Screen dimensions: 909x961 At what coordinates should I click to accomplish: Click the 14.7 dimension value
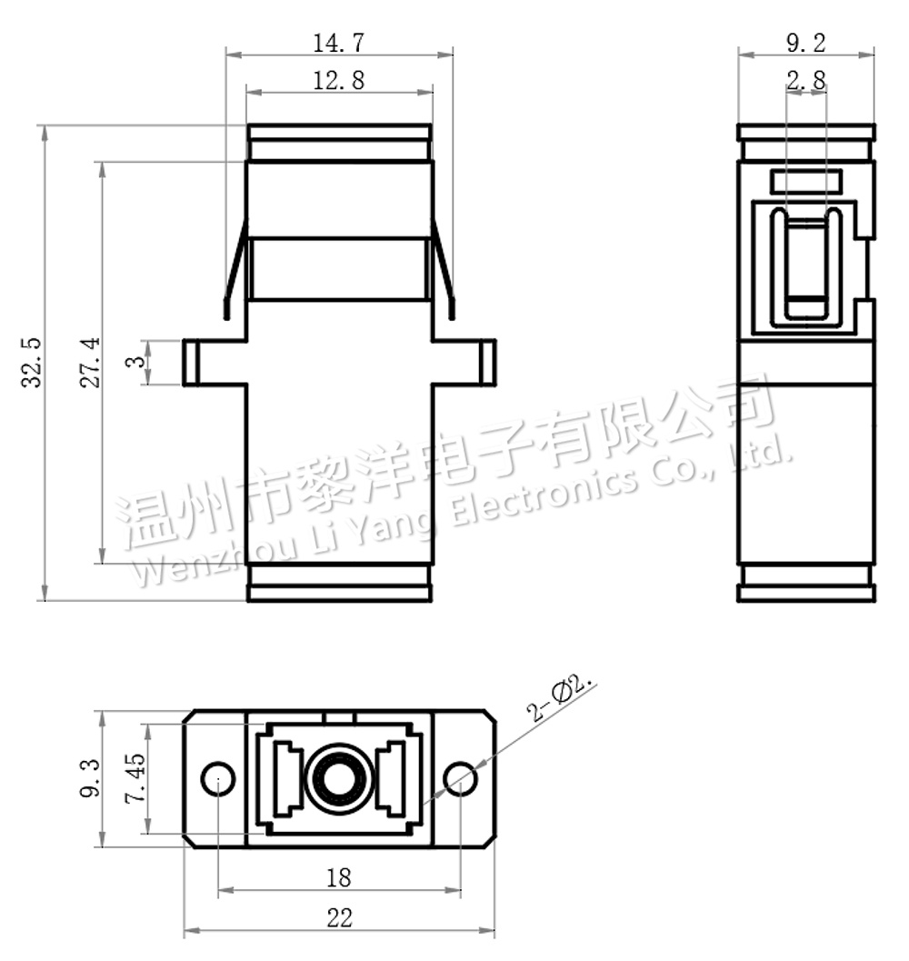(x=338, y=43)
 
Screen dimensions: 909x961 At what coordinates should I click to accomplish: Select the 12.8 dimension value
(x=338, y=80)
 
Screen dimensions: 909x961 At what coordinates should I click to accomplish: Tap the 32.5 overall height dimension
(x=31, y=362)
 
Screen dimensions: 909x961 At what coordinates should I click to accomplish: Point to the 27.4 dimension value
(x=89, y=362)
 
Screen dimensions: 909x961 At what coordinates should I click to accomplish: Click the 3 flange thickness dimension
(x=135, y=362)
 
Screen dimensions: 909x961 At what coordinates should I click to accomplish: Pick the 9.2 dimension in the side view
(x=805, y=43)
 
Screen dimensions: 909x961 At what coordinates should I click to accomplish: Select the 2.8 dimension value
(x=805, y=80)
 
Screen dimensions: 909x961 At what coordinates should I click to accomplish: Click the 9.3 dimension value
(x=89, y=778)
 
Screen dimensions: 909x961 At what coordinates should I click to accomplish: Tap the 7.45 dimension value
(x=135, y=778)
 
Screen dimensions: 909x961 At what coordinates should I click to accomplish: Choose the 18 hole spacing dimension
(x=338, y=877)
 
